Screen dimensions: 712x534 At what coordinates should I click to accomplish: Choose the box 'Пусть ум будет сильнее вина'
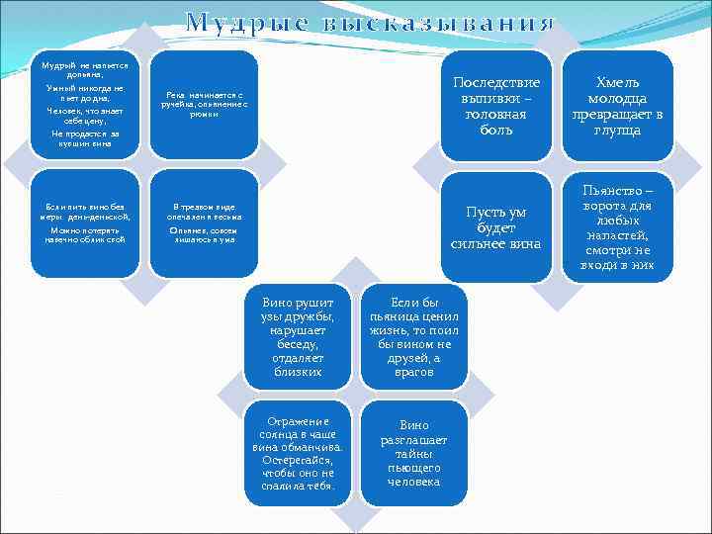tap(496, 227)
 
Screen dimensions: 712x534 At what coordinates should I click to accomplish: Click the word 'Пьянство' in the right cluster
tap(618, 189)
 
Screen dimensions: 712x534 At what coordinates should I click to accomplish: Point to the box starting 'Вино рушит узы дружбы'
tap(298, 336)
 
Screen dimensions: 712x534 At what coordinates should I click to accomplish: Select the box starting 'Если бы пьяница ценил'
tap(414, 336)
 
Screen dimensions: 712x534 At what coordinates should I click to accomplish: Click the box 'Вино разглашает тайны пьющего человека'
tap(414, 453)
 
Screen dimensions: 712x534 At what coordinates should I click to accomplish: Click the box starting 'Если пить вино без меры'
tap(84, 223)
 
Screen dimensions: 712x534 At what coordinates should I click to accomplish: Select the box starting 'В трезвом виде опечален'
tap(203, 223)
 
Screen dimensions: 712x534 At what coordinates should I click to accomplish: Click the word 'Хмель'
tap(618, 82)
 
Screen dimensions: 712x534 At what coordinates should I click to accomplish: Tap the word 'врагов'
tap(414, 372)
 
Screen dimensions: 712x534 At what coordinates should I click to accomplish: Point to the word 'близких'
tap(298, 372)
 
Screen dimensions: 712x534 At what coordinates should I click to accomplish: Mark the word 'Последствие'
tap(496, 82)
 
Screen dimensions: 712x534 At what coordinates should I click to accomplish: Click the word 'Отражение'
tap(298, 420)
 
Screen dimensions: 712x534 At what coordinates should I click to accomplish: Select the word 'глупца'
tap(618, 130)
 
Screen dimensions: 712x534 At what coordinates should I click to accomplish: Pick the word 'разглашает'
tap(414, 439)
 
